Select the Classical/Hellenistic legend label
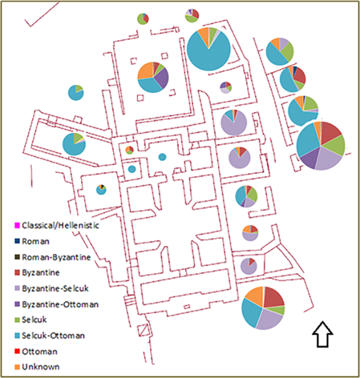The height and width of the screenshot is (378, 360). (x=60, y=226)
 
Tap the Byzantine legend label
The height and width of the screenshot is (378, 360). (x=41, y=273)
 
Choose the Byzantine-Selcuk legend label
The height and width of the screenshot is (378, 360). (x=56, y=289)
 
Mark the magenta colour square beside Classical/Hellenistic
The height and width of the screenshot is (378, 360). (x=17, y=226)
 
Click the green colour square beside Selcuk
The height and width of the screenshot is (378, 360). (x=17, y=320)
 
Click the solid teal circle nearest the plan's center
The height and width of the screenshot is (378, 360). (x=162, y=157)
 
